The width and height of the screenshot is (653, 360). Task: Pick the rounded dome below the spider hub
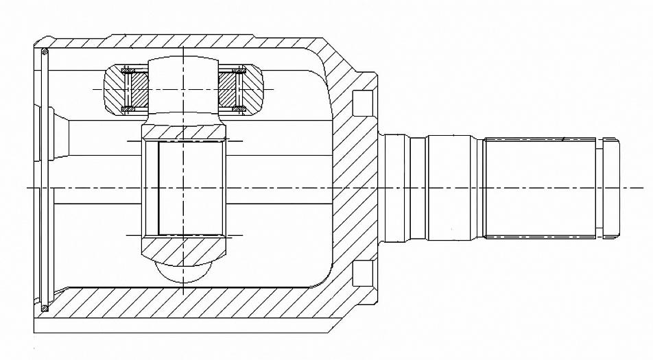click(184, 272)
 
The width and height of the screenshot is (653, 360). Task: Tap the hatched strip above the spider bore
click(184, 130)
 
